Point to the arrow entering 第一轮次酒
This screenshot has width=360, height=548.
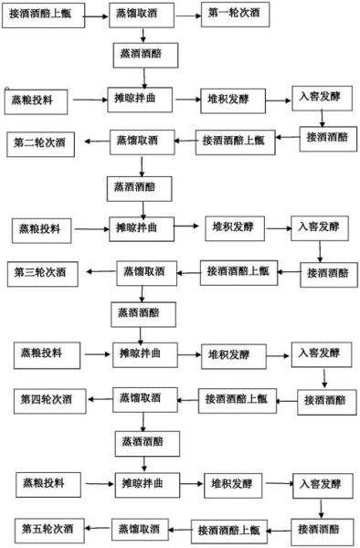185,16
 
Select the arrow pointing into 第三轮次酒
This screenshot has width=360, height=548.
97,271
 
